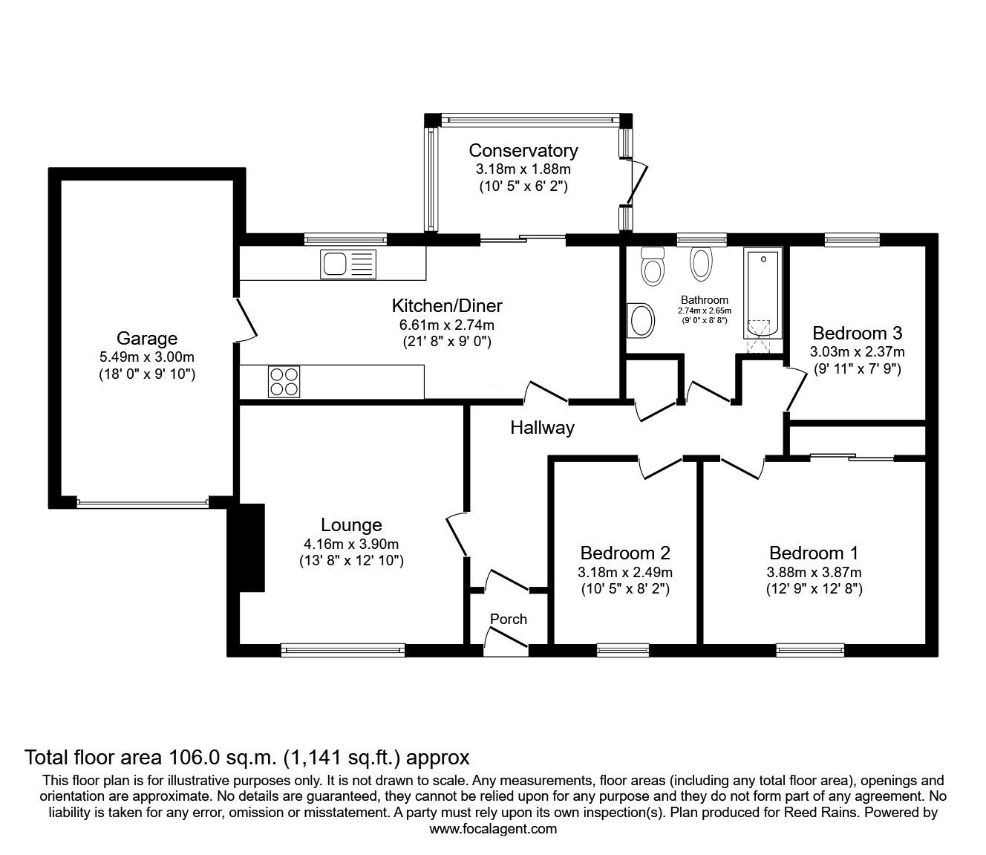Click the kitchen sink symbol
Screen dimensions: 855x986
tap(348, 263)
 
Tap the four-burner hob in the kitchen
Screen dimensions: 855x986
tap(284, 382)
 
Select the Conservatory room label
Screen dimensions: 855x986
tap(523, 151)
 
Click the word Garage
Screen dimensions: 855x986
tap(147, 339)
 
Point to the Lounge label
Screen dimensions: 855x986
tap(351, 525)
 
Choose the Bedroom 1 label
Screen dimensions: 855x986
tap(814, 553)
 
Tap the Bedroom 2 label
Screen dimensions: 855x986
tap(625, 553)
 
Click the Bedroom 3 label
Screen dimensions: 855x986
tap(857, 333)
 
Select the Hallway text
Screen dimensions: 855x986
tap(542, 428)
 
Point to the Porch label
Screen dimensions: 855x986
tap(509, 619)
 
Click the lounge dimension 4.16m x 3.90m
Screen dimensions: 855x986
tap(351, 544)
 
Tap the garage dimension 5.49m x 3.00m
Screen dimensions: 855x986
tap(147, 357)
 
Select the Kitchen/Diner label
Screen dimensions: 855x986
tap(447, 305)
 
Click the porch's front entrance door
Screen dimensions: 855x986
tap(506, 640)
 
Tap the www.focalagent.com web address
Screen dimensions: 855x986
tap(493, 829)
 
